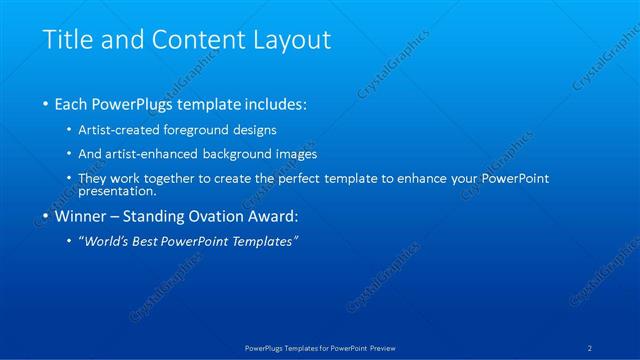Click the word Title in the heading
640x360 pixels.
pyautogui.click(x=67, y=41)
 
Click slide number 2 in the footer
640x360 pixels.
pyautogui.click(x=591, y=348)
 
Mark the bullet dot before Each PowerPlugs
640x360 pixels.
pyautogui.click(x=46, y=105)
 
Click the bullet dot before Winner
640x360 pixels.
pyautogui.click(x=46, y=217)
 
